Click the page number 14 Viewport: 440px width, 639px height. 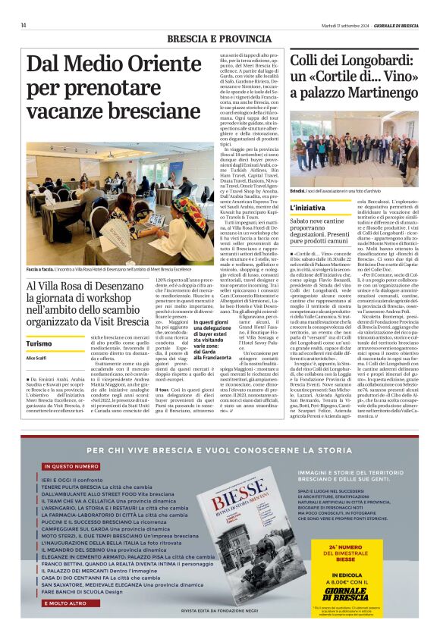(24, 25)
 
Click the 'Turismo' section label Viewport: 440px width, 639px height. (39, 343)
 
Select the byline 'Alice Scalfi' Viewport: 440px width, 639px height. (36, 358)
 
